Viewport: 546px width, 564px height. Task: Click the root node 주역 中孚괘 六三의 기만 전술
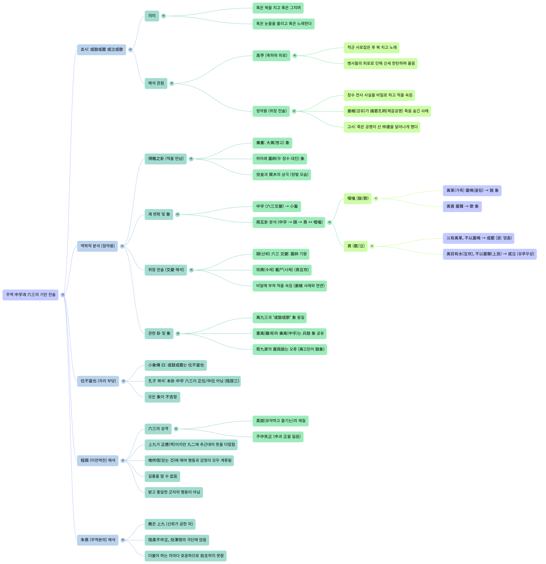30,295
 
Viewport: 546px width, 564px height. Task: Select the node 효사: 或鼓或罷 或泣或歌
101,49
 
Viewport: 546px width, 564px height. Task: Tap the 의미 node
152,16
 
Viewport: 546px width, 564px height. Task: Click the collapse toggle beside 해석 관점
172,83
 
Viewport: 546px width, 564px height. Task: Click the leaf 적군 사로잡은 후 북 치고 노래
371,47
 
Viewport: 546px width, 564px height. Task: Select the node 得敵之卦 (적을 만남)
166,159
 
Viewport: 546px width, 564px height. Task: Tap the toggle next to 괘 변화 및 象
177,214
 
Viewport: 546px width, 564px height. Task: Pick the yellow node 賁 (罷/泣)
356,246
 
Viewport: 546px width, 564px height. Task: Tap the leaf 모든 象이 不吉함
162,397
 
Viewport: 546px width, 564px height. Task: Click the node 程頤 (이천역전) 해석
98,460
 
